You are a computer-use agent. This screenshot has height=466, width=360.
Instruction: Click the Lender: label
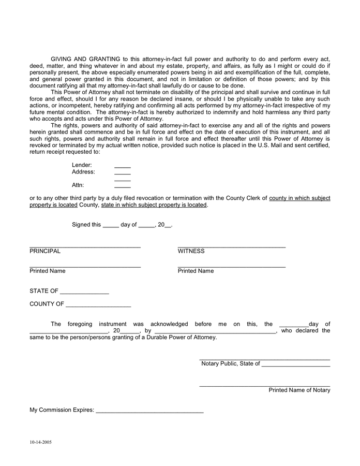click(82, 165)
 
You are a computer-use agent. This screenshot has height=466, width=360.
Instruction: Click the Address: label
click(83, 172)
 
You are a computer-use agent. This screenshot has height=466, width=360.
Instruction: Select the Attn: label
click(78, 185)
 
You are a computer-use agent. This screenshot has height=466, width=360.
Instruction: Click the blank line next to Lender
click(122, 167)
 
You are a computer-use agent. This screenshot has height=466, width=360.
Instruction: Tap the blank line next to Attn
click(122, 187)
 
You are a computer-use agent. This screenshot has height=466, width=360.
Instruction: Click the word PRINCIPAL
click(45, 251)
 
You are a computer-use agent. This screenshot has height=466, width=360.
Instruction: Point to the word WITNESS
click(191, 251)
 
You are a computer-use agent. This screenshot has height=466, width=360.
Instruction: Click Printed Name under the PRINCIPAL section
click(48, 271)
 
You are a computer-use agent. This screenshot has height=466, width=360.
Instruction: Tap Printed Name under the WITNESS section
click(196, 271)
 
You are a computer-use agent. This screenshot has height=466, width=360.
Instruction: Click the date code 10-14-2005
click(40, 443)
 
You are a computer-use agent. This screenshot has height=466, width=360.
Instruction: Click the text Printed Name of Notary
click(299, 390)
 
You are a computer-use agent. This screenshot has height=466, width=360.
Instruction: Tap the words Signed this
click(86, 225)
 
